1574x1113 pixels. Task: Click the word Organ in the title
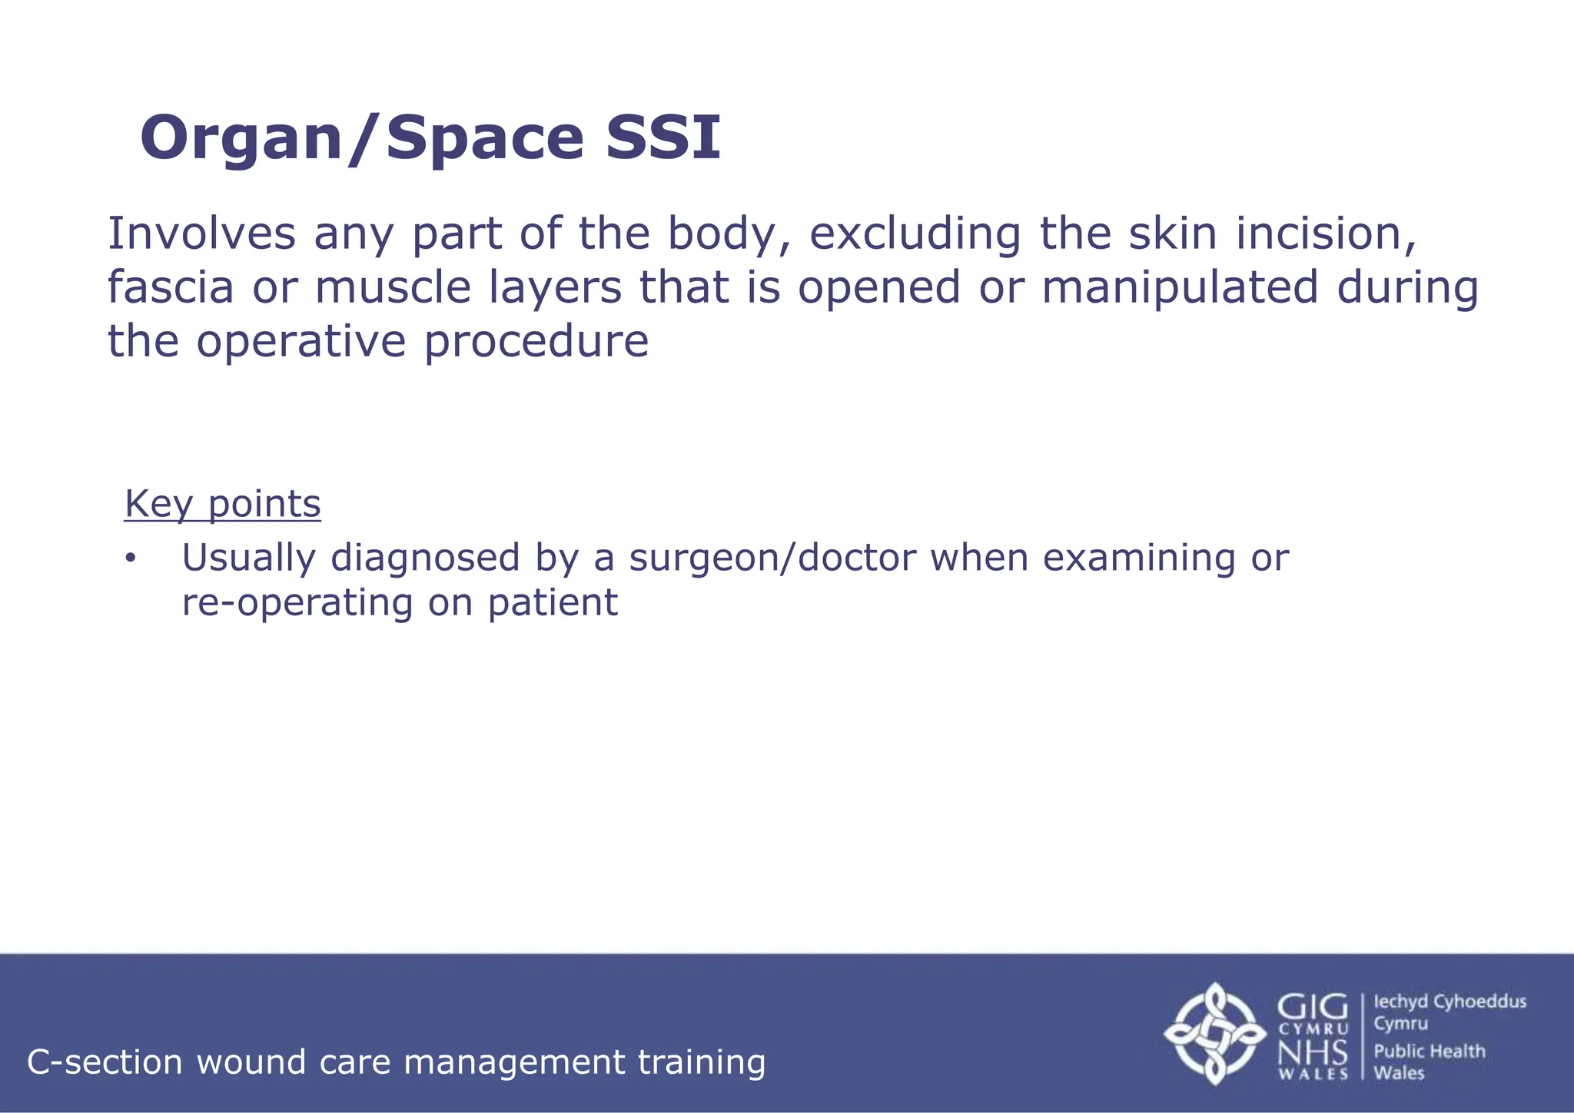pyautogui.click(x=241, y=139)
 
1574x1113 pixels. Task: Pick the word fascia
pyautogui.click(x=170, y=287)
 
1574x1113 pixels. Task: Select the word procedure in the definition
pyautogui.click(x=536, y=341)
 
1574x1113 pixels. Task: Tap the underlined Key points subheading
pyautogui.click(x=222, y=504)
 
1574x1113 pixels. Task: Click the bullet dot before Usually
pyautogui.click(x=130, y=558)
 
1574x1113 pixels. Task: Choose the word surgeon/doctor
pyautogui.click(x=772, y=558)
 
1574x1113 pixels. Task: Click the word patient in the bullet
pyautogui.click(x=552, y=603)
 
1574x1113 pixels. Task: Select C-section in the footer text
pyautogui.click(x=105, y=1062)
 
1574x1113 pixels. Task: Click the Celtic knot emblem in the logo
pyautogui.click(x=1214, y=1033)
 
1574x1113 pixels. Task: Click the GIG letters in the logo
pyautogui.click(x=1313, y=1007)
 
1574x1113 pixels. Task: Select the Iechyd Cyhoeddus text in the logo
pyautogui.click(x=1449, y=1002)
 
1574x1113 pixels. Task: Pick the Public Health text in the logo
pyautogui.click(x=1430, y=1052)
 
